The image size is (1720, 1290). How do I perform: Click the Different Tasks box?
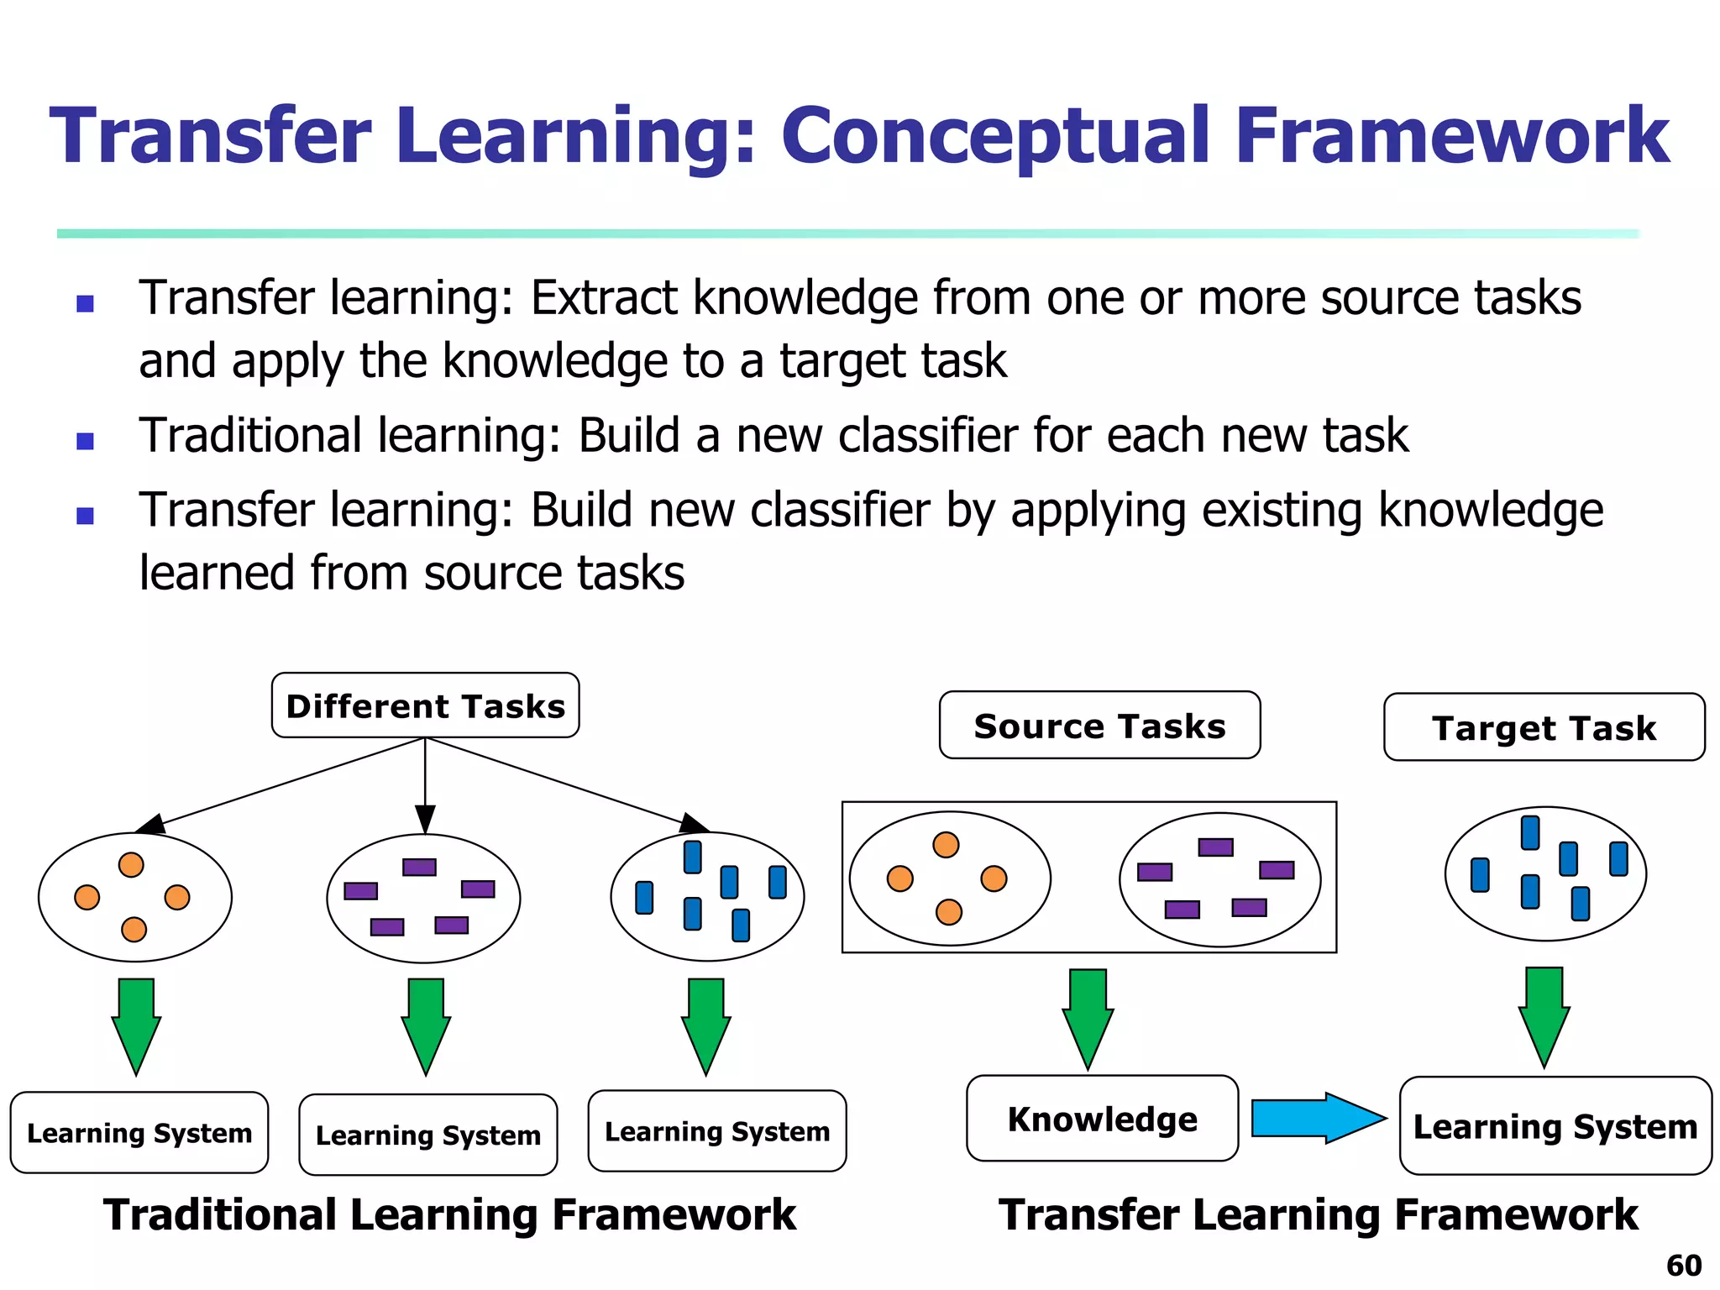(x=425, y=705)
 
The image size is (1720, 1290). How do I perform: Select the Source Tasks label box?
(x=1099, y=726)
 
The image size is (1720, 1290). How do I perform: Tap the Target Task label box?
(x=1544, y=727)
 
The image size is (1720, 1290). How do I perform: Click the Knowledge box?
(x=1102, y=1119)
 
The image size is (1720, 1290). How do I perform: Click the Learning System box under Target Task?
(x=1555, y=1125)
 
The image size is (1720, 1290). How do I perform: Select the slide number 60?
(x=1683, y=1265)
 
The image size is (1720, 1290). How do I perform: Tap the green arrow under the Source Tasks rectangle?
(x=1088, y=1016)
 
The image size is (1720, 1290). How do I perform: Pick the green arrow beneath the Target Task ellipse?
(x=1544, y=1015)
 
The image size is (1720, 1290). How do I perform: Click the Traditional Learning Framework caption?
(x=449, y=1214)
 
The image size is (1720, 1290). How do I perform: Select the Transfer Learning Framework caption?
(x=1318, y=1214)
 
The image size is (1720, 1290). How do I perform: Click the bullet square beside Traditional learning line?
(x=85, y=440)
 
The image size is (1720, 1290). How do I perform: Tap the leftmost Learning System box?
(x=139, y=1132)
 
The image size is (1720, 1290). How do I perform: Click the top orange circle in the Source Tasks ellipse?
(x=946, y=845)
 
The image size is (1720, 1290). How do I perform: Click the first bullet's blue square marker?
(x=85, y=302)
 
